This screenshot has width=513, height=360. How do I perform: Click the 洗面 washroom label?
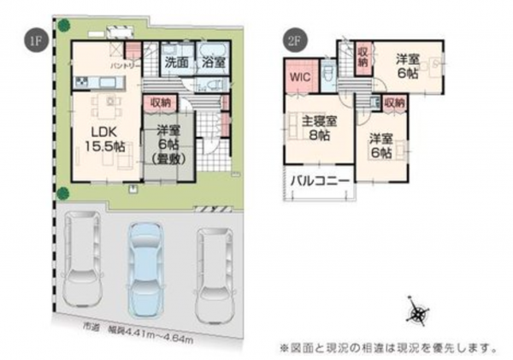click(177, 62)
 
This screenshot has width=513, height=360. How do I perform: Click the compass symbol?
click(417, 314)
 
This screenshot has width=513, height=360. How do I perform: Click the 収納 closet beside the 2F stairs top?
click(363, 61)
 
